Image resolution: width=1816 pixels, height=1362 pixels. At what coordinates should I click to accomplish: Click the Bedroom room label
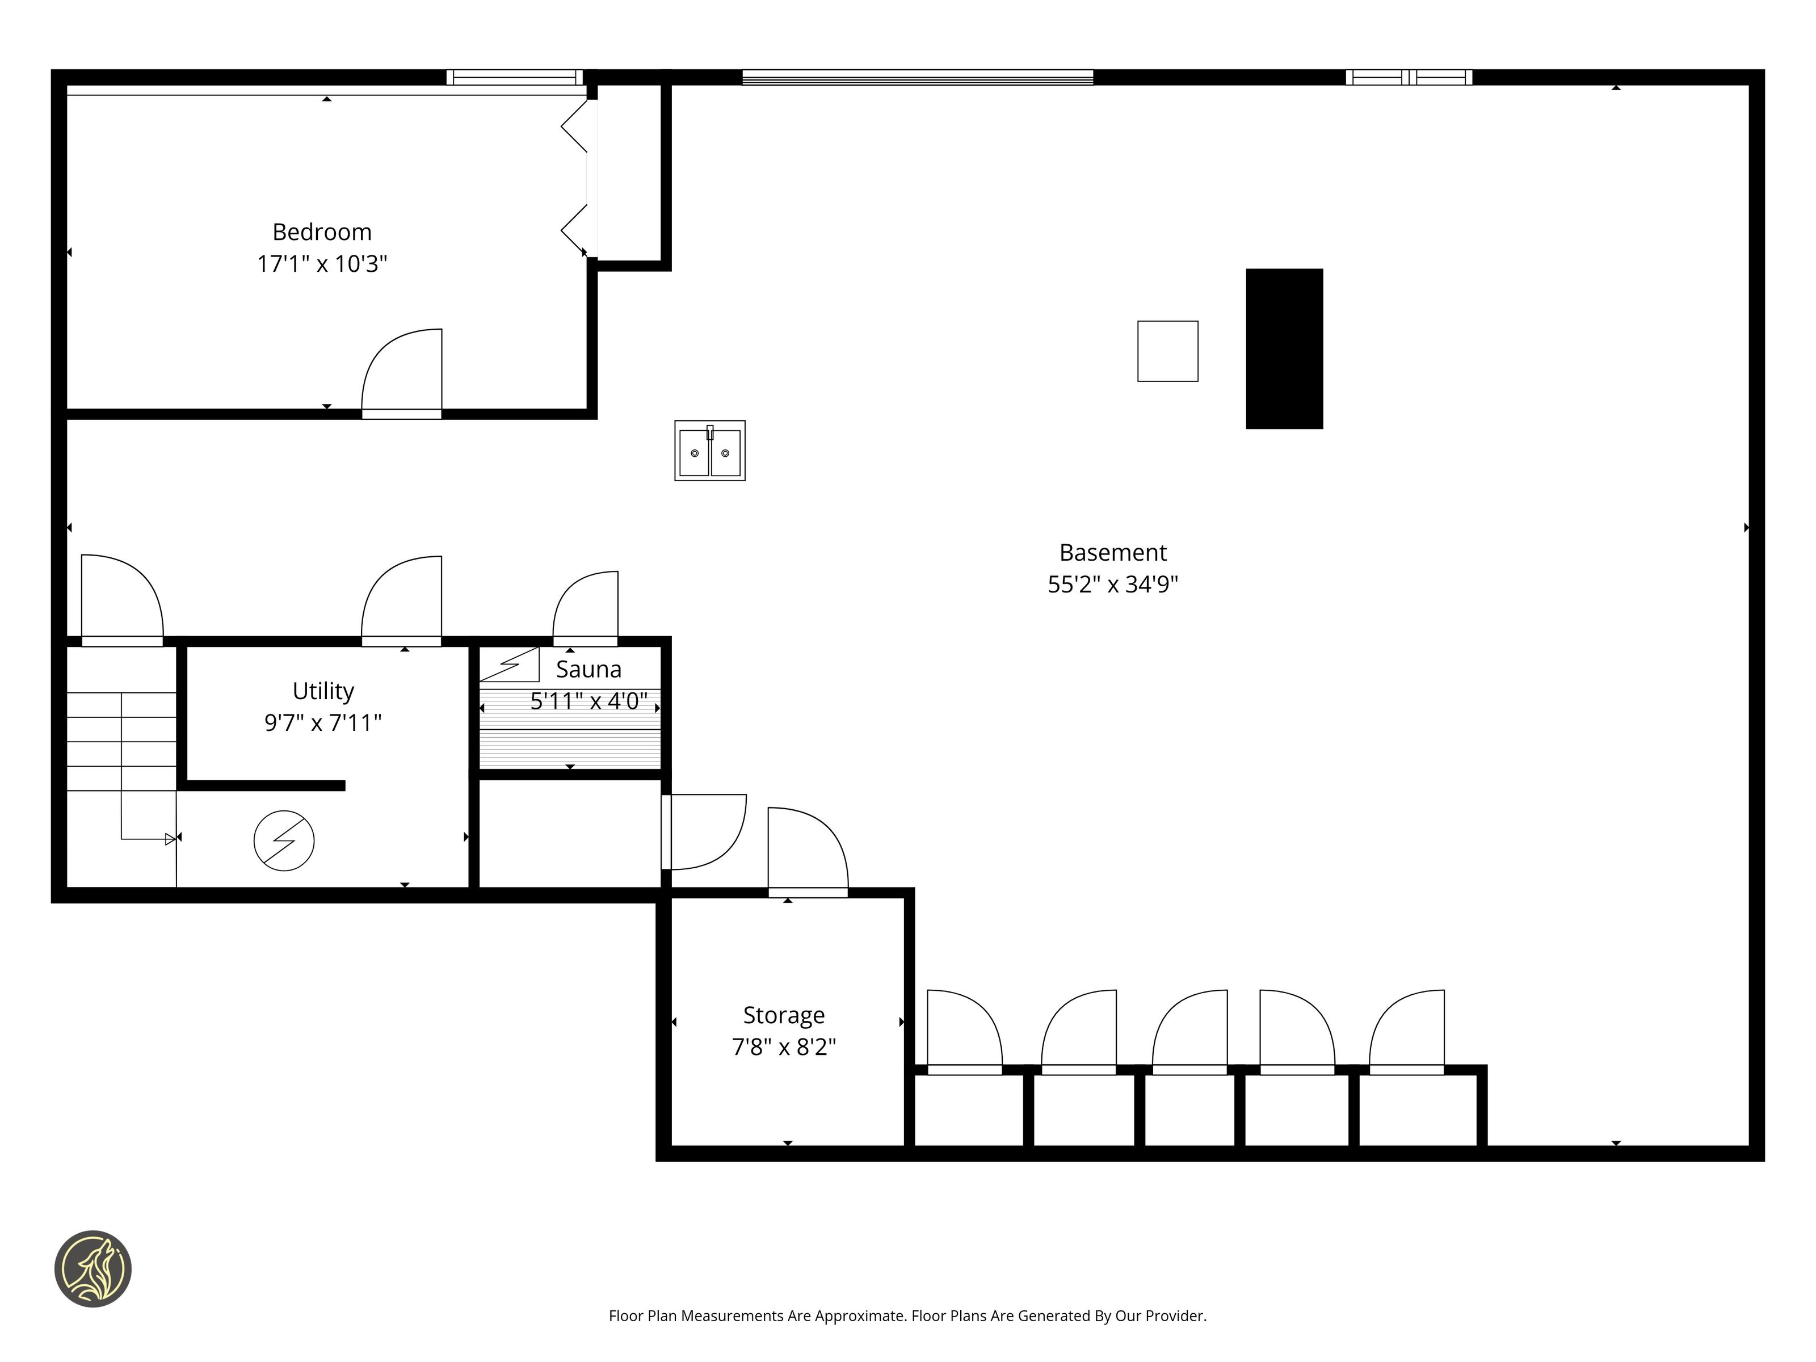tap(322, 232)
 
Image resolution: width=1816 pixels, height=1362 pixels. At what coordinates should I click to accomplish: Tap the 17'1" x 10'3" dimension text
tap(322, 263)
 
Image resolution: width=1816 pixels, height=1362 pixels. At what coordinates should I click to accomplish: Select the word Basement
tap(1112, 553)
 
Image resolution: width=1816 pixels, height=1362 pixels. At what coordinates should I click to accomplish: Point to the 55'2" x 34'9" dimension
tap(1112, 585)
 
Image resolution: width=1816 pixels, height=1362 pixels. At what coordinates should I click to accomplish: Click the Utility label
tap(323, 691)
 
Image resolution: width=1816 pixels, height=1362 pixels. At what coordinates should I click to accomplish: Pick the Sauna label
tap(588, 669)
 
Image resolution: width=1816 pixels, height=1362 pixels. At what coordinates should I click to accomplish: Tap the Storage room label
tap(784, 1016)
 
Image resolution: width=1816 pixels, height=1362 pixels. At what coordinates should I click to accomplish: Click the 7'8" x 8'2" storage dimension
tap(784, 1046)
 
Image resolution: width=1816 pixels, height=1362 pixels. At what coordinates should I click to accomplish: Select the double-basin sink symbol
tap(709, 451)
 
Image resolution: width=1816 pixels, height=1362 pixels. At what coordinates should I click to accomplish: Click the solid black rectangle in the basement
tap(1284, 349)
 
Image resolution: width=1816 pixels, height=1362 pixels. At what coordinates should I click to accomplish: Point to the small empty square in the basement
tap(1167, 351)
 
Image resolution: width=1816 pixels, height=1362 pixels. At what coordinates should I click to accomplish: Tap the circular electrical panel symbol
tap(284, 840)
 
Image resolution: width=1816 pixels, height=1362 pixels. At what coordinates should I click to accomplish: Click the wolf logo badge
tap(93, 1268)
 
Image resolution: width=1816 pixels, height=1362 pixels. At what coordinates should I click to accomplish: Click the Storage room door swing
tap(808, 852)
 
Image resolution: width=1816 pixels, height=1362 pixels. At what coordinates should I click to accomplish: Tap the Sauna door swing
tap(585, 608)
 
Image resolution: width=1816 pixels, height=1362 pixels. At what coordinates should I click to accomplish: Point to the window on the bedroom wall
tap(515, 77)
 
